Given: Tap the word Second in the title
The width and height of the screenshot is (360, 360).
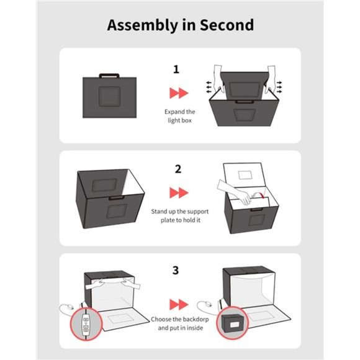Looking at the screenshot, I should click(227, 25).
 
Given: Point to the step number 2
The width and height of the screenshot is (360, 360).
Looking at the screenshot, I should click(178, 169).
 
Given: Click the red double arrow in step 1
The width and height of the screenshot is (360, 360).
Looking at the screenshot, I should click(179, 93).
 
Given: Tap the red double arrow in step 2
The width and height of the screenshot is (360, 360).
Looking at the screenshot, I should click(179, 192).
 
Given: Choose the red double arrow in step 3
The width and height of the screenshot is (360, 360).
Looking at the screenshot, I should click(179, 304).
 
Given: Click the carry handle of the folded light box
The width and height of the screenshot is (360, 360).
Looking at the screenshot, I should click(110, 76).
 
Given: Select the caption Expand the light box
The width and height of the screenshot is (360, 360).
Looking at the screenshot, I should click(179, 115).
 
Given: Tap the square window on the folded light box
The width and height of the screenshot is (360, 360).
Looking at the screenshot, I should click(110, 97).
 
